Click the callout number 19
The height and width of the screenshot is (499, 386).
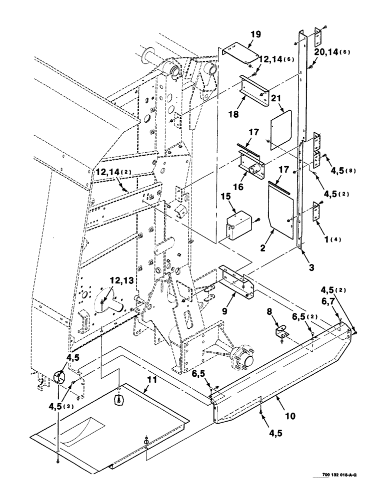[255, 34]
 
